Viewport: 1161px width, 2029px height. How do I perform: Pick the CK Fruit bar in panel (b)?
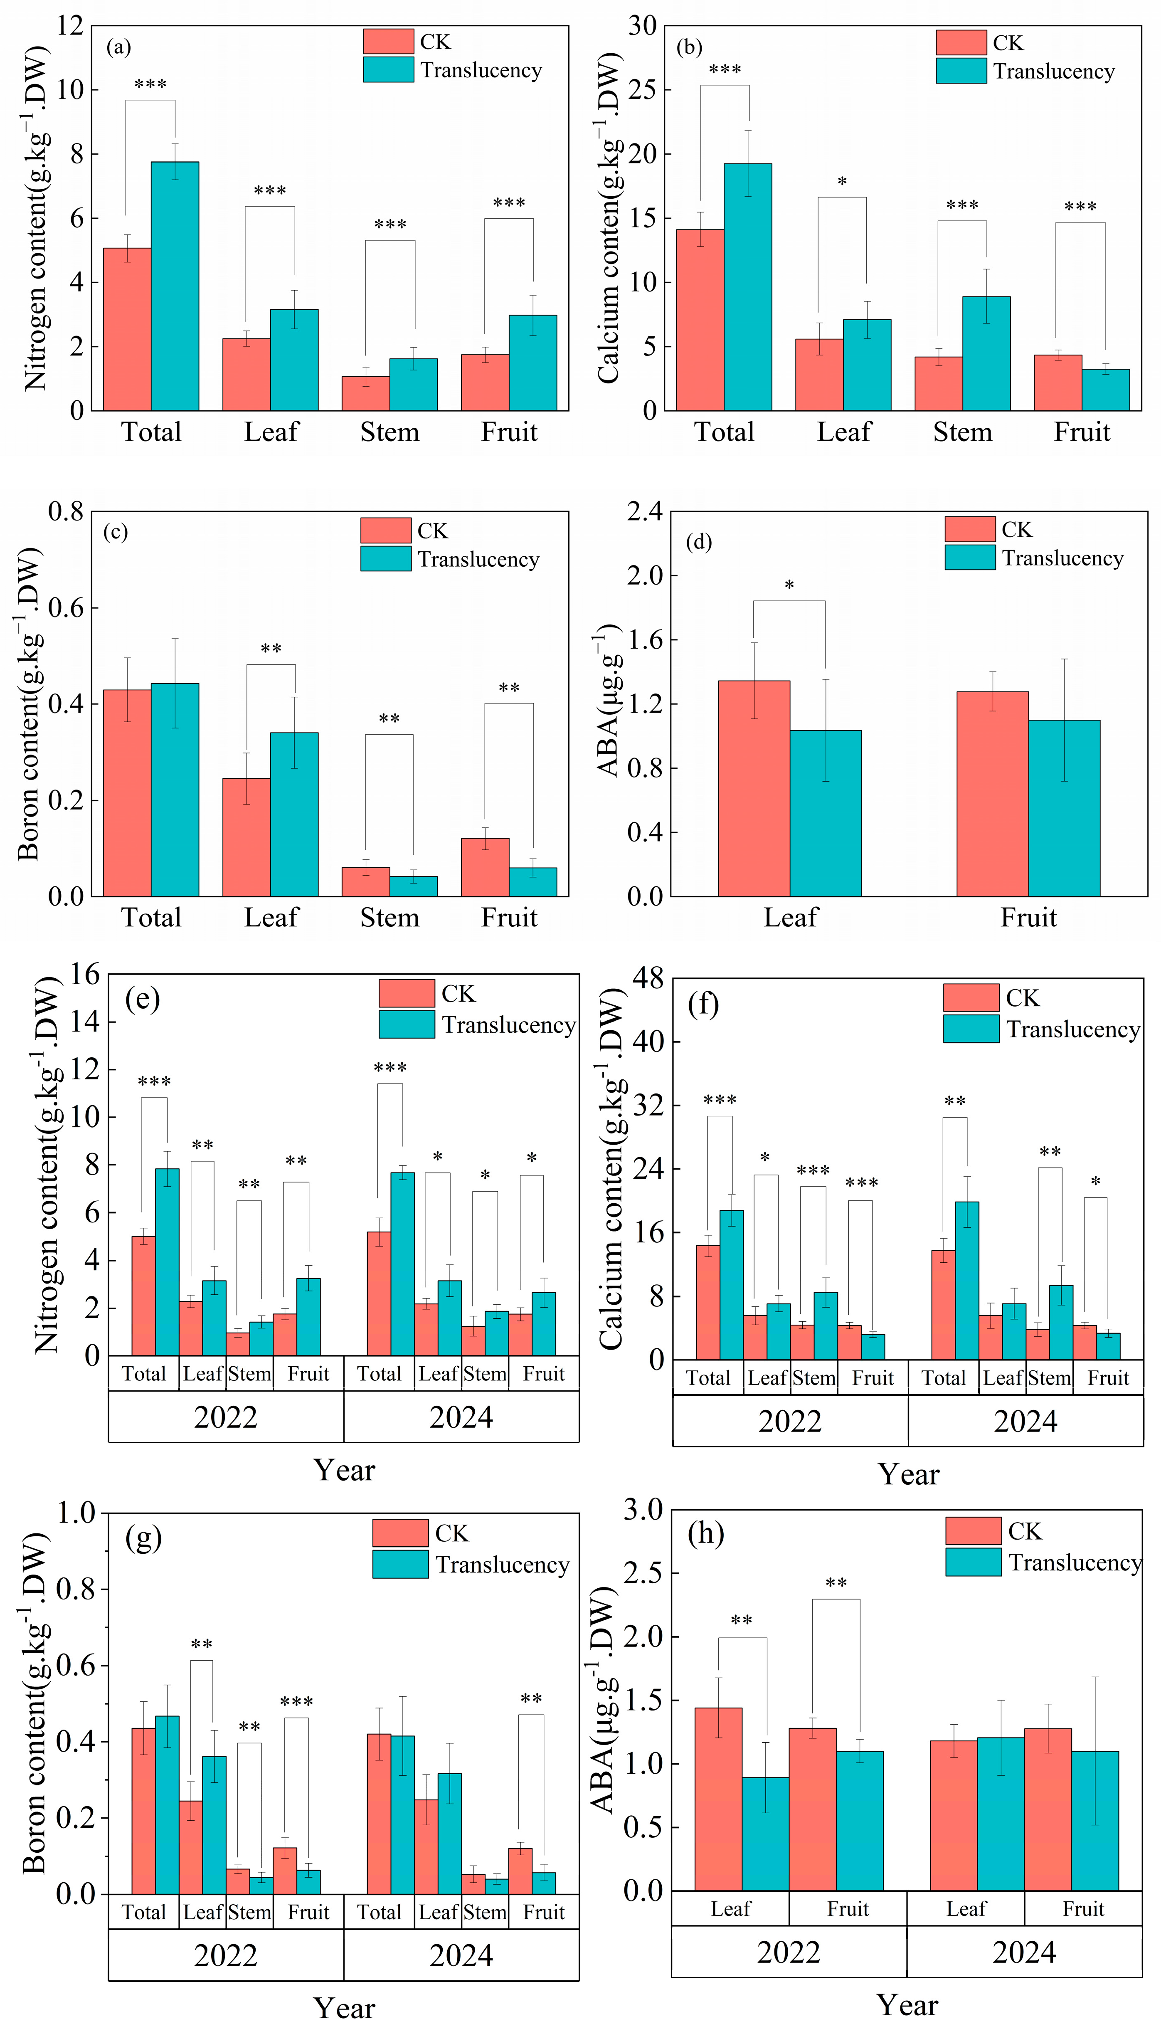[x=1057, y=383]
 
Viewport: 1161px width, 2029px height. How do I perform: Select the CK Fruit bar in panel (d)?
[x=992, y=794]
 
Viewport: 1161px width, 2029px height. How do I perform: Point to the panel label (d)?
[x=698, y=542]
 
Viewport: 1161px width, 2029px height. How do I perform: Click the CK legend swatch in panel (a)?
[x=388, y=42]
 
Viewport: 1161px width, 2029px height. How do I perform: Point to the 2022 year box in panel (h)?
[x=789, y=1952]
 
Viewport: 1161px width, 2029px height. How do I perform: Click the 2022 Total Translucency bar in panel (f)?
[x=731, y=1284]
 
